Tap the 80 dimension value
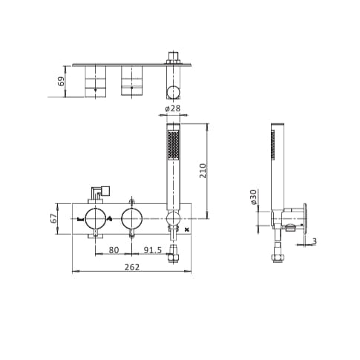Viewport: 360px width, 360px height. click(x=114, y=250)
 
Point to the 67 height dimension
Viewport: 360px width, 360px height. click(x=53, y=218)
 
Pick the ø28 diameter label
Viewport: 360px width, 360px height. click(x=173, y=109)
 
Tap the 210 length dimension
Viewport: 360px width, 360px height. click(x=203, y=170)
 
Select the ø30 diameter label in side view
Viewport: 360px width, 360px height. click(x=254, y=197)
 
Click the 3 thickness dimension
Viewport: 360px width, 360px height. click(x=314, y=241)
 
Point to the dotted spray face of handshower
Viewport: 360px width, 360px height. click(x=174, y=145)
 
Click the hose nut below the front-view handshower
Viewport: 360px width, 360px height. click(x=174, y=258)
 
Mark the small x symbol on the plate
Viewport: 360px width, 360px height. click(x=186, y=231)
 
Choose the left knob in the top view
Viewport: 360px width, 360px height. click(x=94, y=81)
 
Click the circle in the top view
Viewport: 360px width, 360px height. click(x=173, y=92)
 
